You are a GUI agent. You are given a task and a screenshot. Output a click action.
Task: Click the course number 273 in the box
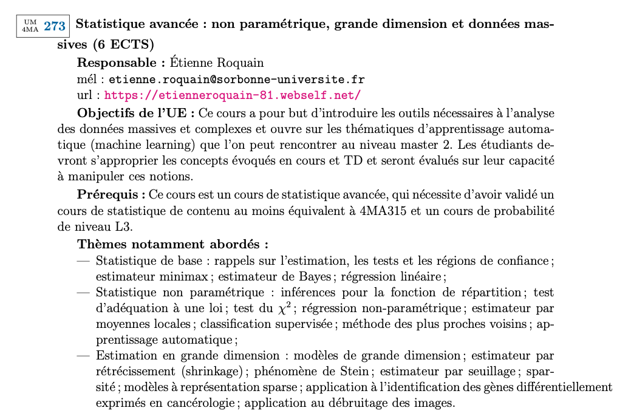pos(55,26)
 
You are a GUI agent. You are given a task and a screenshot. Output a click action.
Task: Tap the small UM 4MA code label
pos(29,26)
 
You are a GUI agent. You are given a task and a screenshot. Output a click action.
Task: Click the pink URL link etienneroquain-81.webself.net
pos(233,95)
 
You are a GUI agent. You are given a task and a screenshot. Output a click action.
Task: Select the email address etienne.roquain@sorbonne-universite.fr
pos(236,80)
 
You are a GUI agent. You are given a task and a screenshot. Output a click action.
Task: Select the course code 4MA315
pos(364,211)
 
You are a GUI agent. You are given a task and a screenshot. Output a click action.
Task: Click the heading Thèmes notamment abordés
pos(173,244)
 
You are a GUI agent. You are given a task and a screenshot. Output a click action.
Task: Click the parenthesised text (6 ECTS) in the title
pos(124,44)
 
